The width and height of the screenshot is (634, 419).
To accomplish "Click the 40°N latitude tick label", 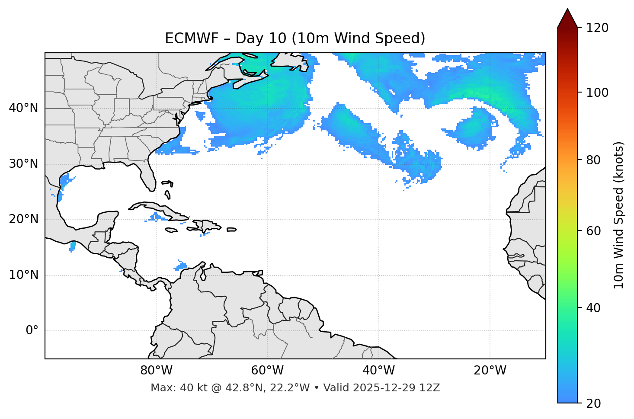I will pyautogui.click(x=23, y=108).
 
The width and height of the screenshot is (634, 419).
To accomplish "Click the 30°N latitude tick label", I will pyautogui.click(x=23, y=164).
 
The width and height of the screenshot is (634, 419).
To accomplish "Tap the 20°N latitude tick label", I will pyautogui.click(x=23, y=219).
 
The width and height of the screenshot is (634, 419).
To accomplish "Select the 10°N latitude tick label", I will pyautogui.click(x=23, y=275).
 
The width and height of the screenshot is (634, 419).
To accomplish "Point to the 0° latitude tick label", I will pyautogui.click(x=32, y=330).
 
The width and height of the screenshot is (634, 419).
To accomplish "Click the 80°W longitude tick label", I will pyautogui.click(x=156, y=371).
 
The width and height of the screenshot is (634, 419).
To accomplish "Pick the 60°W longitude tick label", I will pyautogui.click(x=267, y=371).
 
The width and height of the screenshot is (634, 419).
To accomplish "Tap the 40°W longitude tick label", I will pyautogui.click(x=378, y=371).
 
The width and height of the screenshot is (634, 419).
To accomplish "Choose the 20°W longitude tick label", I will pyautogui.click(x=490, y=371).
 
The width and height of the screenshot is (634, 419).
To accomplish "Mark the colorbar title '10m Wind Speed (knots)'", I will pyautogui.click(x=619, y=215).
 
